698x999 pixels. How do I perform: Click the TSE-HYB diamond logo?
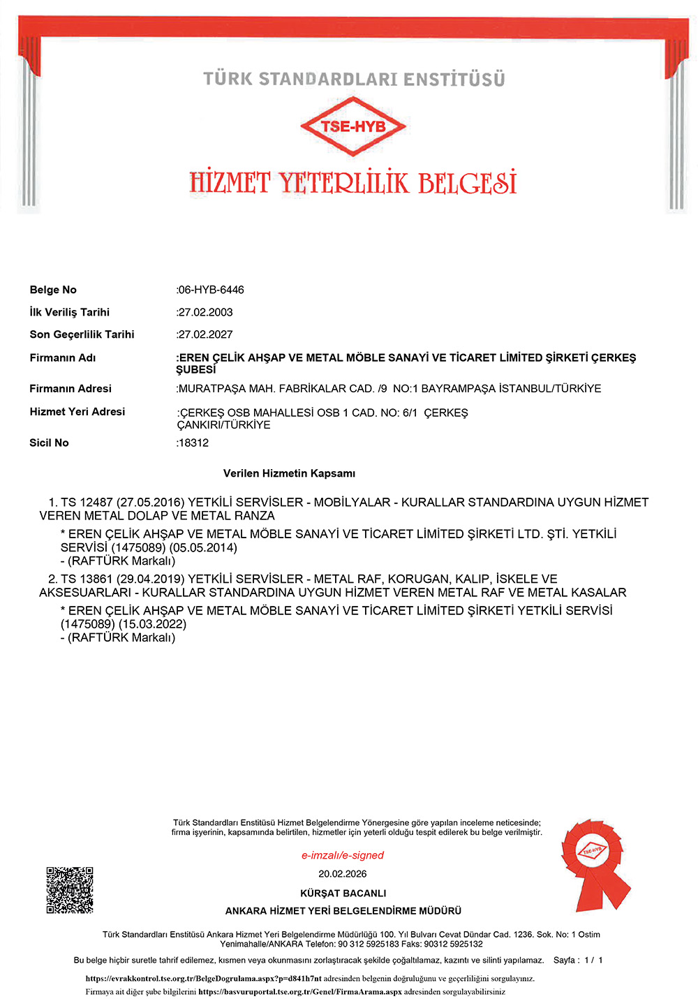pyautogui.click(x=353, y=126)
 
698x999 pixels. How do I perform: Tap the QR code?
pyautogui.click(x=70, y=890)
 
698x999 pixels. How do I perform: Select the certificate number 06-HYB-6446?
pyautogui.click(x=211, y=290)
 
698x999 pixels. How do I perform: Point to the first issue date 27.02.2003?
pyautogui.click(x=206, y=312)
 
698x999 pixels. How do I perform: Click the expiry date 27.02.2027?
pyautogui.click(x=206, y=334)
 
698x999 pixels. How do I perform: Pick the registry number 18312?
pyautogui.click(x=194, y=443)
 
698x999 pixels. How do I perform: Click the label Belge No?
pyautogui.click(x=53, y=290)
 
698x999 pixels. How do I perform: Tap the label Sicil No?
pyautogui.click(x=49, y=443)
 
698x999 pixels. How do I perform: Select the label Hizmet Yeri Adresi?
pyautogui.click(x=77, y=412)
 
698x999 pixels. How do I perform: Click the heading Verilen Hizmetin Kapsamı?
pyautogui.click(x=289, y=473)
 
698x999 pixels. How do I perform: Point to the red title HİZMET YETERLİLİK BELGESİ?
pyautogui.click(x=353, y=183)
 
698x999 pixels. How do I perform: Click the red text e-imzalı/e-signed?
pyautogui.click(x=343, y=855)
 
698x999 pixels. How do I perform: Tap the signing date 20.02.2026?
pyautogui.click(x=343, y=874)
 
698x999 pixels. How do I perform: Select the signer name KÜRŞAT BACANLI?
pyautogui.click(x=343, y=893)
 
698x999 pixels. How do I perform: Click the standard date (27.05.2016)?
pyautogui.click(x=150, y=502)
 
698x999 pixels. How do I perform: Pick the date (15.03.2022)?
pyautogui.click(x=152, y=624)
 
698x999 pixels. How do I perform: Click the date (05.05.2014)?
pyautogui.click(x=203, y=547)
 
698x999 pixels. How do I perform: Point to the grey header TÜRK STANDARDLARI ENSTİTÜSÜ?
pyautogui.click(x=354, y=79)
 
